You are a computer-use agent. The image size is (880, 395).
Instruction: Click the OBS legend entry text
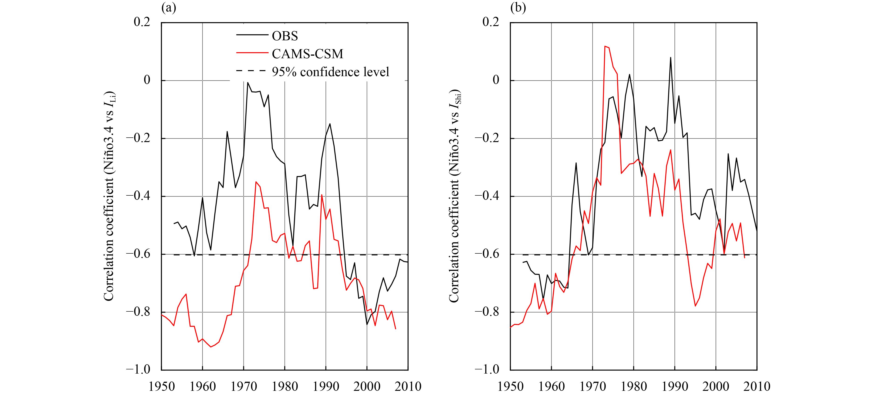tap(285, 36)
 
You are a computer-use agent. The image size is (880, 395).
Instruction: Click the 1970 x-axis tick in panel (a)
tap(244, 386)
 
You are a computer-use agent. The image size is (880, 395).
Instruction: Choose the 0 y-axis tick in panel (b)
tap(496, 80)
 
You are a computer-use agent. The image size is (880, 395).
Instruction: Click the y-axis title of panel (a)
tap(109, 197)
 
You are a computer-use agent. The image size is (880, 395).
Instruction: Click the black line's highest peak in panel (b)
tap(670, 57)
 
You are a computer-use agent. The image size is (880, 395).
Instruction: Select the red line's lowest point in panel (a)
tap(211, 347)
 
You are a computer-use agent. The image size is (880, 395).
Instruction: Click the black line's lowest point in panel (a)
tap(367, 324)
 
